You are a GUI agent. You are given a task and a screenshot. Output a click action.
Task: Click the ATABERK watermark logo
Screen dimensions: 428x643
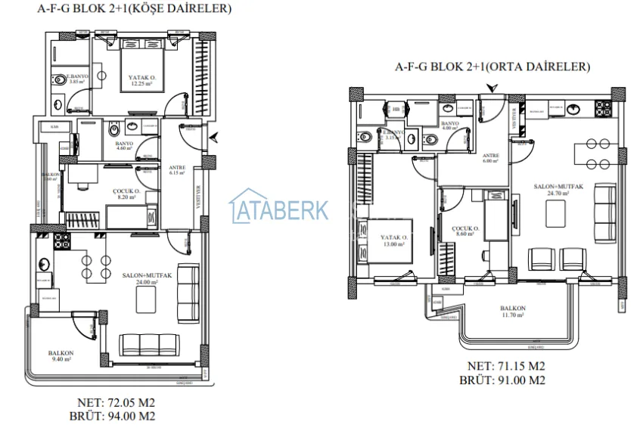[279, 209]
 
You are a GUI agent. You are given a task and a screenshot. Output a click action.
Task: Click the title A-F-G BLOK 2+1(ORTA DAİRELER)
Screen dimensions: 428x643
[492, 67]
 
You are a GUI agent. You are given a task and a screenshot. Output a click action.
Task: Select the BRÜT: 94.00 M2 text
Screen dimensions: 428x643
[118, 415]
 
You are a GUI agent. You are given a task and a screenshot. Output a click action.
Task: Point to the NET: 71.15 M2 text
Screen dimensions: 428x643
[502, 367]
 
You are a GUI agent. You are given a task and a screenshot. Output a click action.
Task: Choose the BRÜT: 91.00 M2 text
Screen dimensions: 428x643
[502, 380]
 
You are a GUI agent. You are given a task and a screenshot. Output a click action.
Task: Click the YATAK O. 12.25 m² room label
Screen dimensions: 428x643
[141, 79]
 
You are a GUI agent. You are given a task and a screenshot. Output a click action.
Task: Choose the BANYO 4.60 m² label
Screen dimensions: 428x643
[123, 145]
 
